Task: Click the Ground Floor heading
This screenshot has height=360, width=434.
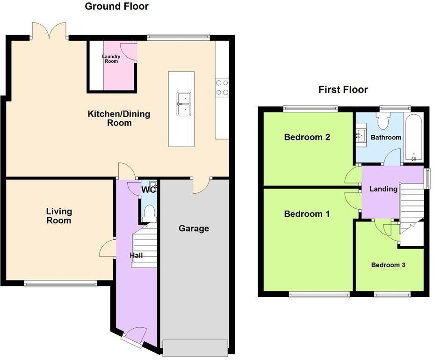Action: [116, 7]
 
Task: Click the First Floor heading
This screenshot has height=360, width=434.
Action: [343, 89]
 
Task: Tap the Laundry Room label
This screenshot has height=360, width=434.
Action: [111, 59]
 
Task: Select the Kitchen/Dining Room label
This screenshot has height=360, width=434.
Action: [119, 118]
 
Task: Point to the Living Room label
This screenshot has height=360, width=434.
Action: [59, 216]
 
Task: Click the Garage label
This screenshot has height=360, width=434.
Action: [194, 228]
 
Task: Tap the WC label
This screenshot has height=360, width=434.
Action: [148, 190]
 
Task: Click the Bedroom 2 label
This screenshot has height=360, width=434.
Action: [307, 137]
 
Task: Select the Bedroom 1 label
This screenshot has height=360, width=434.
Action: [307, 214]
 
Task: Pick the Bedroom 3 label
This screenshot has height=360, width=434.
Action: [388, 265]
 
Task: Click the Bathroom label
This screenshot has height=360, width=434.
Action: [386, 137]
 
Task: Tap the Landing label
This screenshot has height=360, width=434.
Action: [383, 189]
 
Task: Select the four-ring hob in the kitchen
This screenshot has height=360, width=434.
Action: [222, 87]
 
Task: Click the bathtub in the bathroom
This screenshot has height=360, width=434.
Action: [414, 137]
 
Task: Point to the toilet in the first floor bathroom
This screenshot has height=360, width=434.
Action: [383, 121]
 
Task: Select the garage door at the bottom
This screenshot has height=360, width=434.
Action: [195, 347]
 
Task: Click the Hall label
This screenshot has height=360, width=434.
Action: [136, 256]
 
